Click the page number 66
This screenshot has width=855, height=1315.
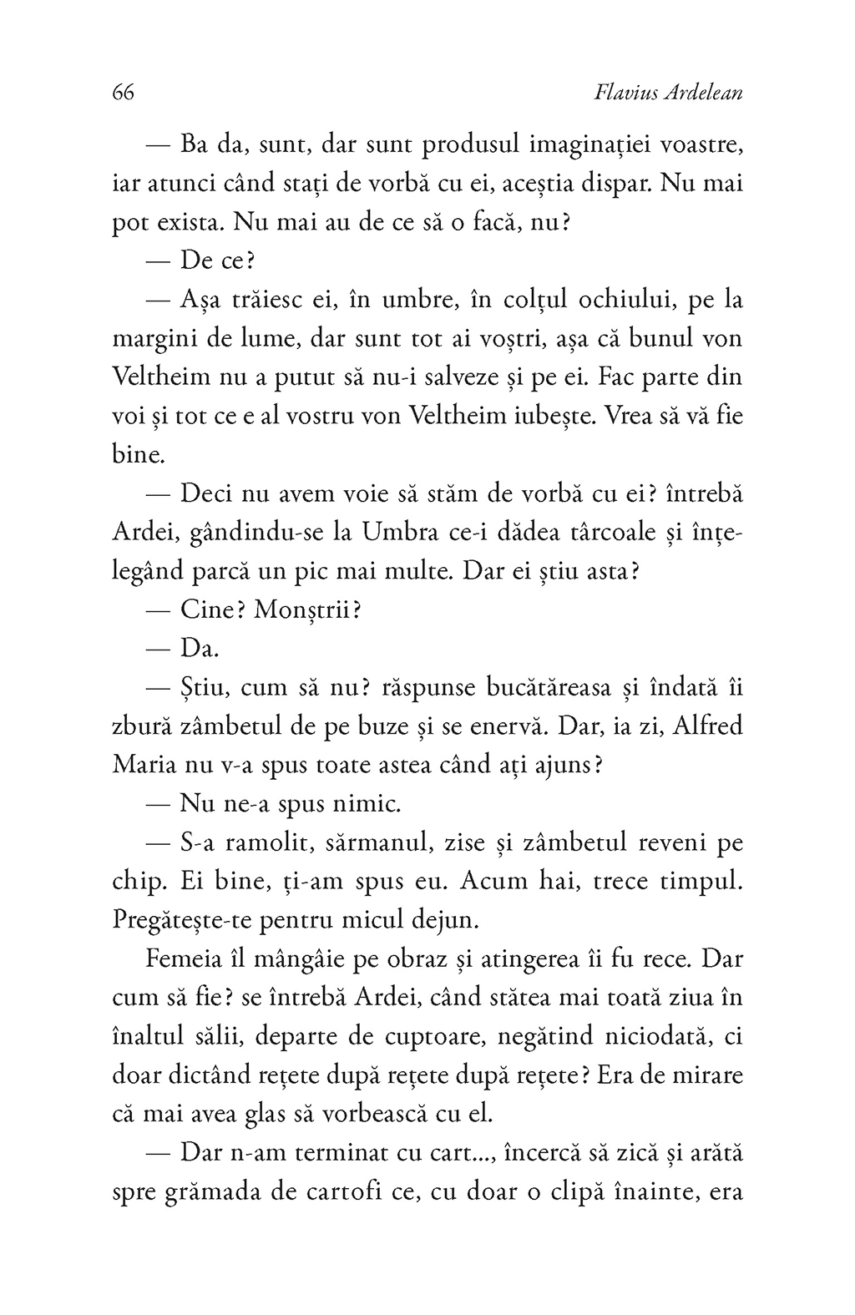tap(123, 93)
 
